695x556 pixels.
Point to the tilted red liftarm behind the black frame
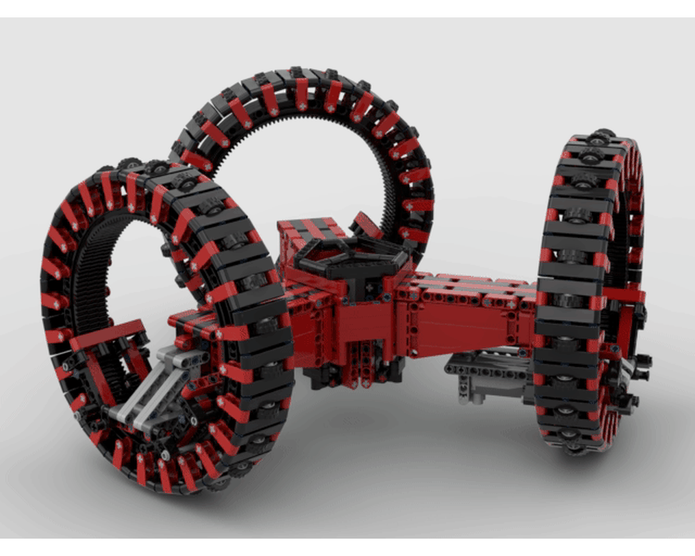tap(366, 226)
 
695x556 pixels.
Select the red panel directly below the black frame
tap(354, 320)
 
